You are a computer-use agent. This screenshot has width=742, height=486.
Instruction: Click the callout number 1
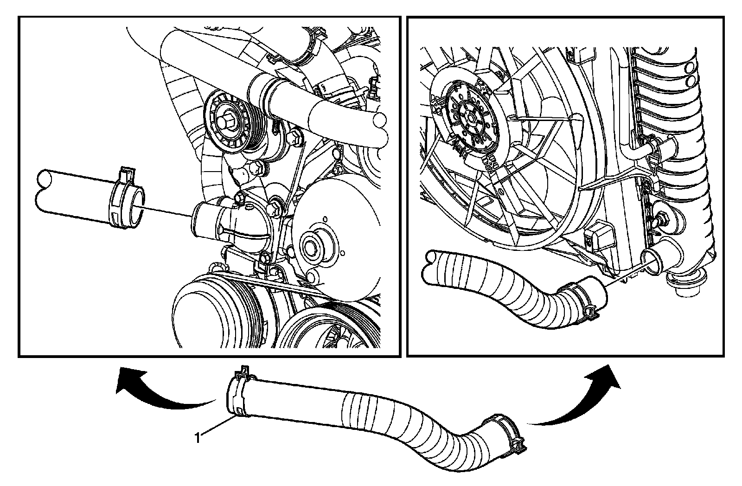pyautogui.click(x=198, y=438)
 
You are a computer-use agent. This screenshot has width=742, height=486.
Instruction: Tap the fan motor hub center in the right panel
pyautogui.click(x=470, y=118)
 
